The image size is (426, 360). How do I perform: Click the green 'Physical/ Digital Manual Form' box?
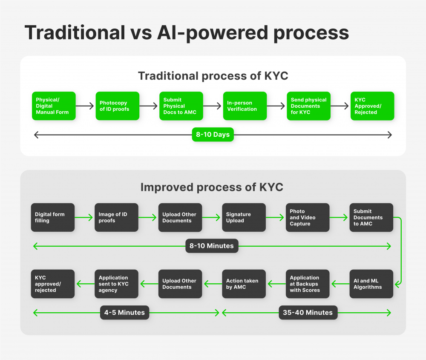pos(54,106)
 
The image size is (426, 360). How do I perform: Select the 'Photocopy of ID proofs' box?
pos(117,106)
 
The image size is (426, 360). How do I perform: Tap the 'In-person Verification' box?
pos(245,106)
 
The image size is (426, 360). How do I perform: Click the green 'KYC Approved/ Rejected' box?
pos(372,106)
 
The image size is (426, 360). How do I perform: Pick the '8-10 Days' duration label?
pos(213,135)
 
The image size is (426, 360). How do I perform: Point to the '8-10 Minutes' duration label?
pos(212,246)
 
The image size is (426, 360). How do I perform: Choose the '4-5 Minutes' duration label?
pos(124,313)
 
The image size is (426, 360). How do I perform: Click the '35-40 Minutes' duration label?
pos(308,313)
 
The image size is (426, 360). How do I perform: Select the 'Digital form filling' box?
pos(53,218)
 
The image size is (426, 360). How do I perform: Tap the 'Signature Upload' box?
pos(244,218)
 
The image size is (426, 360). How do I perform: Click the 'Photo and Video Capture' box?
pos(307,218)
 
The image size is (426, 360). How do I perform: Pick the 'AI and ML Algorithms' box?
pos(371,284)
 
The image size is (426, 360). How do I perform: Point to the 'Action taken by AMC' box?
pos(244,284)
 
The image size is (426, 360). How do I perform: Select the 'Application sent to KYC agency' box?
pos(116,284)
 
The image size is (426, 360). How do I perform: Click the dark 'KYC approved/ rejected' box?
pos(53,284)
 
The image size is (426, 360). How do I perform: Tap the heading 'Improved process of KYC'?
pos(212,187)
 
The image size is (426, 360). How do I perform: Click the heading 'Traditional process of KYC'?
pos(213,76)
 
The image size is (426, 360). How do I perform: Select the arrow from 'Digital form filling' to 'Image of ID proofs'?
pos(84,218)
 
